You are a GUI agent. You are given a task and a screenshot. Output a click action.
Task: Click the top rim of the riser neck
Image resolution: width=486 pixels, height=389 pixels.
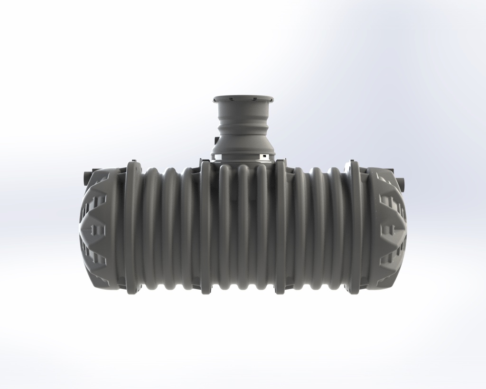tap(243, 99)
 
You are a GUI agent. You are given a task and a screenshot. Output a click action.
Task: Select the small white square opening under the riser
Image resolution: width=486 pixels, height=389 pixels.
tap(262, 156)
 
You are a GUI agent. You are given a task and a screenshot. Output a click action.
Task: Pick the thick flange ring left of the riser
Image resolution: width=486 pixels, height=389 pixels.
tap(205, 228)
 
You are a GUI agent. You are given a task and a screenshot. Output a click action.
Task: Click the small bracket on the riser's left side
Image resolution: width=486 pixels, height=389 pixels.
tap(216, 141)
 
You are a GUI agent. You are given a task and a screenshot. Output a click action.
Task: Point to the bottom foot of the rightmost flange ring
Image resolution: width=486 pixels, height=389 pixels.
tap(352, 290)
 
